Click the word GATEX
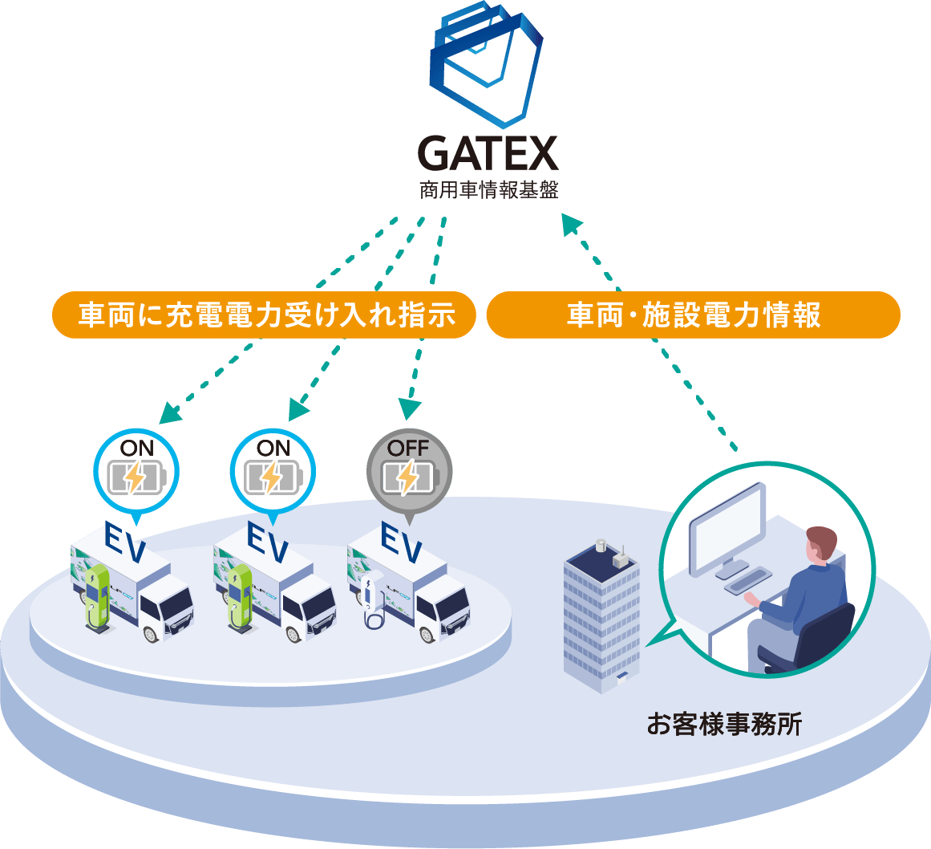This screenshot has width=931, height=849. coord(488,154)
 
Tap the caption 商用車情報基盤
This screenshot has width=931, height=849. coord(488,192)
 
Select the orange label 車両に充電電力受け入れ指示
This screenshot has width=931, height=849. coord(265,315)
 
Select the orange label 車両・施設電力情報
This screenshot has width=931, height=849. coord(693,315)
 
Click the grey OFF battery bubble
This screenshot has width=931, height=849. coord(409,474)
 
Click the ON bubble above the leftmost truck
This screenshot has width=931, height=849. coord(136,473)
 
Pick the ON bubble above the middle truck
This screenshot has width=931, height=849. coord(273,473)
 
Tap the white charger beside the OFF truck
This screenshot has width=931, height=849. coord(370,601)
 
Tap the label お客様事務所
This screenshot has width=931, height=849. coord(724,725)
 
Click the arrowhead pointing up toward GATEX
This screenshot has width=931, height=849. coord(571,224)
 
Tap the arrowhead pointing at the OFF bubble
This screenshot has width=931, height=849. coord(410,410)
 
